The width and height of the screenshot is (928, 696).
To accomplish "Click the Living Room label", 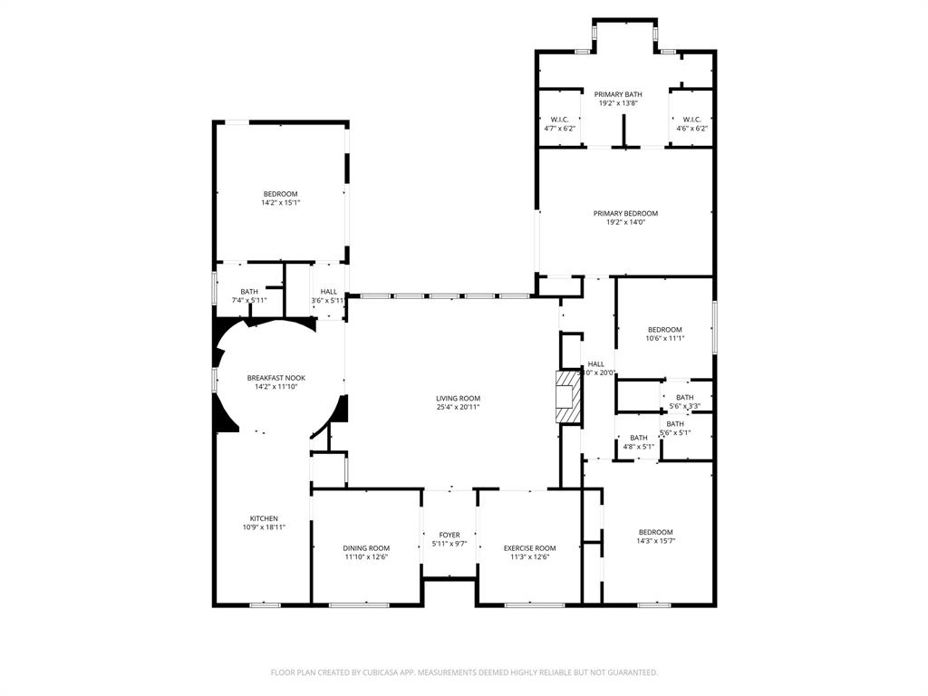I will [458, 398].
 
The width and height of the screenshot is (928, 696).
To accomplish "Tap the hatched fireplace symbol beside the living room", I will [566, 396].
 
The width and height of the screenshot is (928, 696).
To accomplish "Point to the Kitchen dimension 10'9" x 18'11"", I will [264, 527].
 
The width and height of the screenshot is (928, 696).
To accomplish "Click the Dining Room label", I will [366, 547].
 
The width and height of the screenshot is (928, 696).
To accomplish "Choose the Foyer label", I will [449, 535].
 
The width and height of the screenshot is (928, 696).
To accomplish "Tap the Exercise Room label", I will [529, 547].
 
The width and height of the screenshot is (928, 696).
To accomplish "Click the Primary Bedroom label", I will [625, 213].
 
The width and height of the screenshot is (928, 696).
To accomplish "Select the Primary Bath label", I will [618, 94].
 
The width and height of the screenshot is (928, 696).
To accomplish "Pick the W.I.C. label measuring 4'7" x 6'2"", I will [559, 120].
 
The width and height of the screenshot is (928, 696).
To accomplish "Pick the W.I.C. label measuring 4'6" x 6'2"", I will [691, 120].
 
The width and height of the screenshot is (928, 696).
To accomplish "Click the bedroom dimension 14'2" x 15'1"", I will [280, 202].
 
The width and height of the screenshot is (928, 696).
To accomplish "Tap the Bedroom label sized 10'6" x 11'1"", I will [665, 329].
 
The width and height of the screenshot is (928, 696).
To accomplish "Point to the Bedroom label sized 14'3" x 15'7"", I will [655, 532].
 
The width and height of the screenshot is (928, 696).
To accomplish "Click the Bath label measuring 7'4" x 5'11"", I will [249, 291].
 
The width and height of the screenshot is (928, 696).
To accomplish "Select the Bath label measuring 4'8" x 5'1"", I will [639, 438].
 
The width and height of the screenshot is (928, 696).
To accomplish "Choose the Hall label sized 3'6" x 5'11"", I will [328, 291].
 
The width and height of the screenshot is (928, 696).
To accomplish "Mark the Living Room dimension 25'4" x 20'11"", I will [458, 407].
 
